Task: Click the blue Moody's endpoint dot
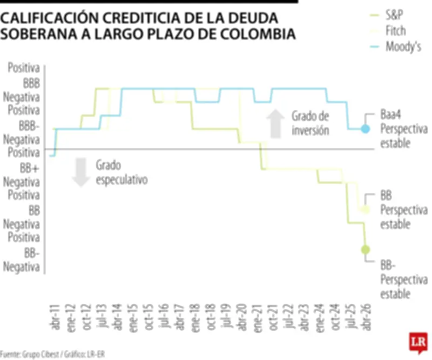[365, 129]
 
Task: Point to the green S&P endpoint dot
[366, 249]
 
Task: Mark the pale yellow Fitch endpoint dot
[366, 209]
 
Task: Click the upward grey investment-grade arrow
[276, 123]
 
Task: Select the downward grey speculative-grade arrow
[81, 172]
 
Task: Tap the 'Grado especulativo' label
[122, 172]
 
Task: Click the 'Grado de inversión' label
[310, 123]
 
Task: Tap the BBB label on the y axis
[31, 84]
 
